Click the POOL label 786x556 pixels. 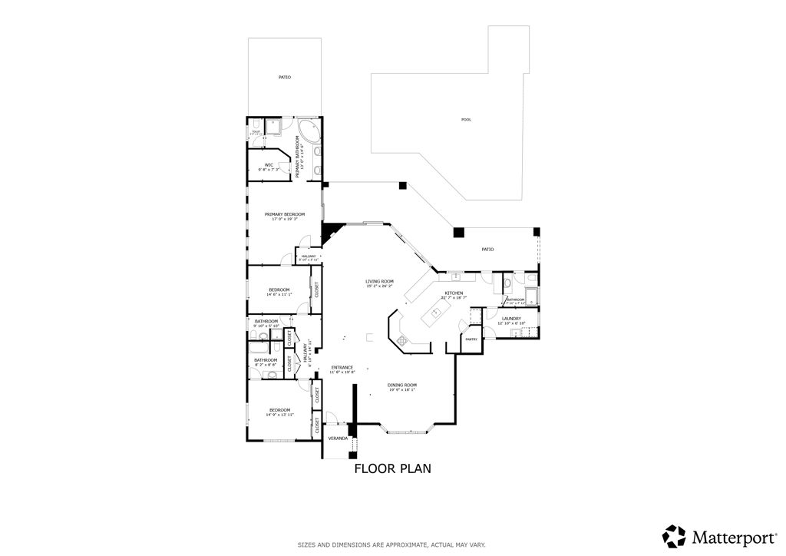coord(466,120)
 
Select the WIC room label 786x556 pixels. coord(269,164)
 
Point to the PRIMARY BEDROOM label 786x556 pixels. coord(284,214)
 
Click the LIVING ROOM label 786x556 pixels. coord(379,282)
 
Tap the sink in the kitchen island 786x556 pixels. coord(436,312)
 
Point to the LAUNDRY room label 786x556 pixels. coord(511,318)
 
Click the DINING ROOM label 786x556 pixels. coord(401,385)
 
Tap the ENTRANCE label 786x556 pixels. coord(342,367)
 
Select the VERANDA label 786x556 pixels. coord(337,439)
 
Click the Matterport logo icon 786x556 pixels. coord(674,535)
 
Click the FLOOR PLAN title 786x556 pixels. coord(392,468)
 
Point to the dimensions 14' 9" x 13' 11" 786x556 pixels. coord(279,415)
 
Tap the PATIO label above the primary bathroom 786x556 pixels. coord(284,77)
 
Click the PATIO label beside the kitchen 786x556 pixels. coord(487,250)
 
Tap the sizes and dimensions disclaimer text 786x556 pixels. coord(391,544)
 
